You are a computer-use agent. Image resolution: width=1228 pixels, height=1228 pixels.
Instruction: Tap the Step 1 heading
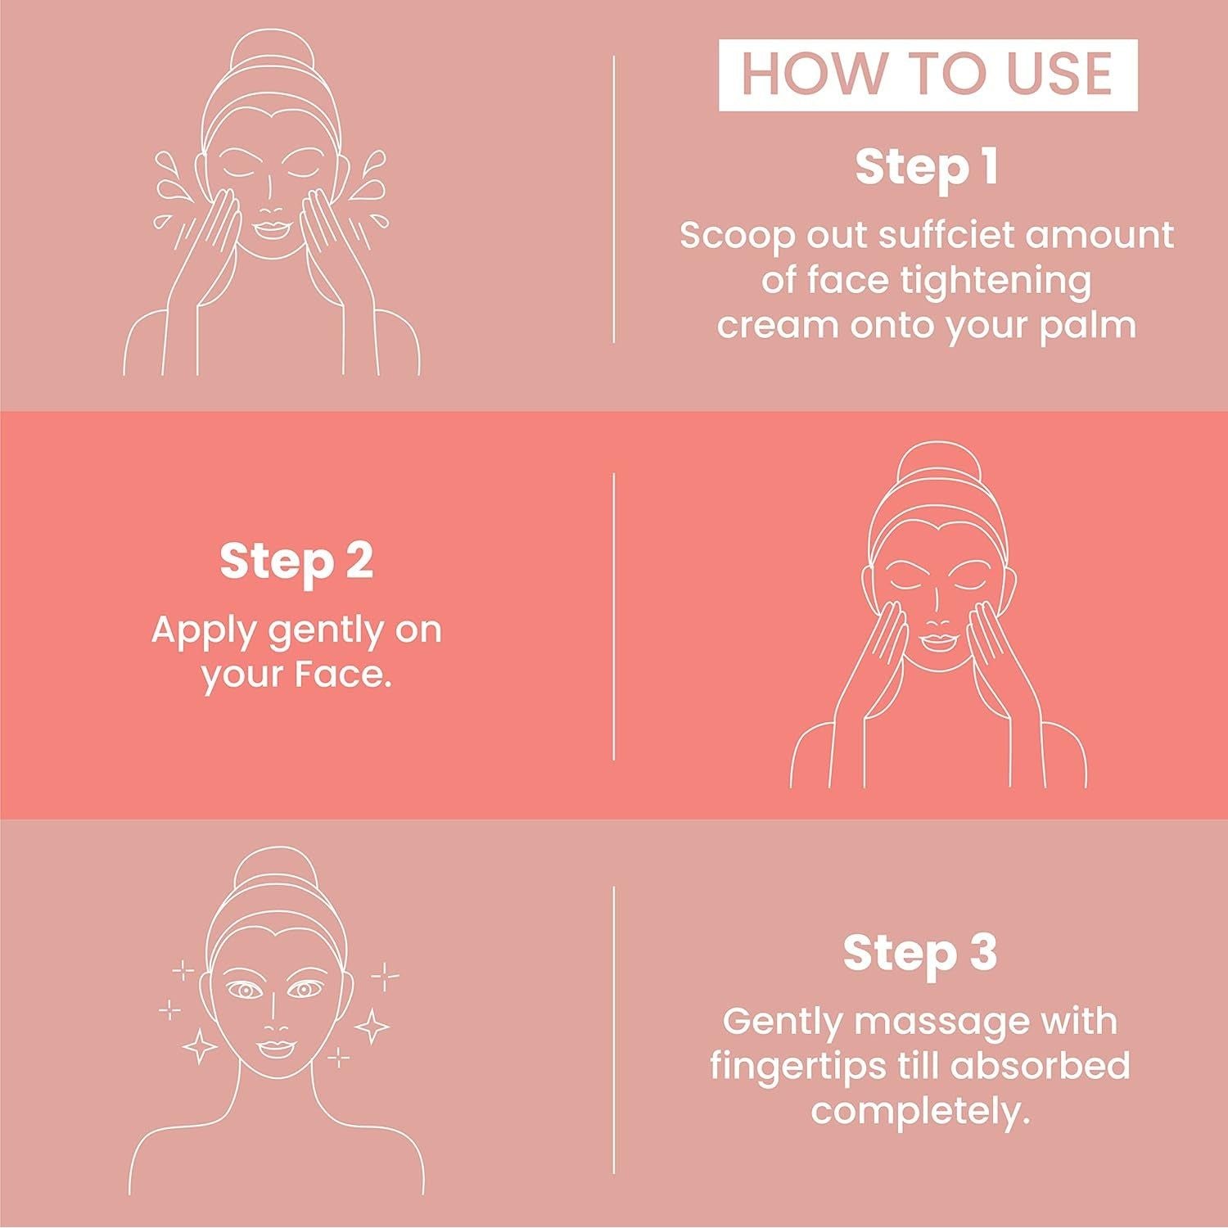[928, 167]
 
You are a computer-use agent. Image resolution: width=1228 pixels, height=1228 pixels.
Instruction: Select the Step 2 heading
[296, 562]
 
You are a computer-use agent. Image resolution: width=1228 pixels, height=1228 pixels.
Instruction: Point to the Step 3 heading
[920, 953]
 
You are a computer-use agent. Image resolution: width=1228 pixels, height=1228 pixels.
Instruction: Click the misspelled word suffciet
[928, 236]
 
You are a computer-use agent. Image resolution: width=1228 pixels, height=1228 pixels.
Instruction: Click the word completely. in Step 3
[920, 1112]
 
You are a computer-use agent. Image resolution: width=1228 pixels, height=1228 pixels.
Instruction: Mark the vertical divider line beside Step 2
[614, 616]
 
